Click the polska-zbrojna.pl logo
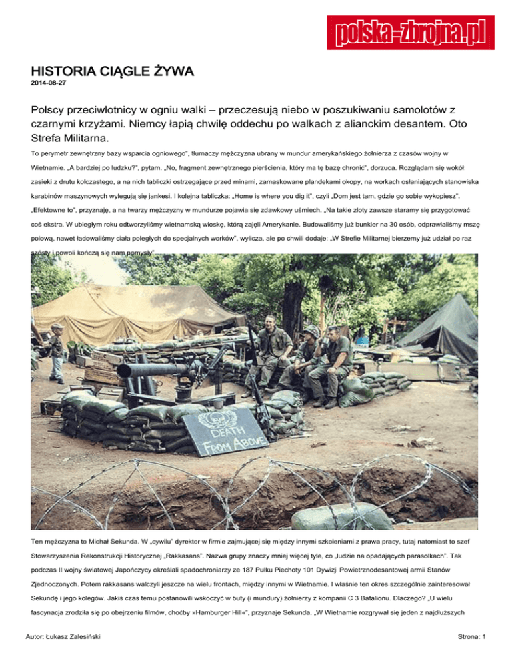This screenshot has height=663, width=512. (x=410, y=32)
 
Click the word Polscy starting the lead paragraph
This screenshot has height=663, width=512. (x=51, y=109)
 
